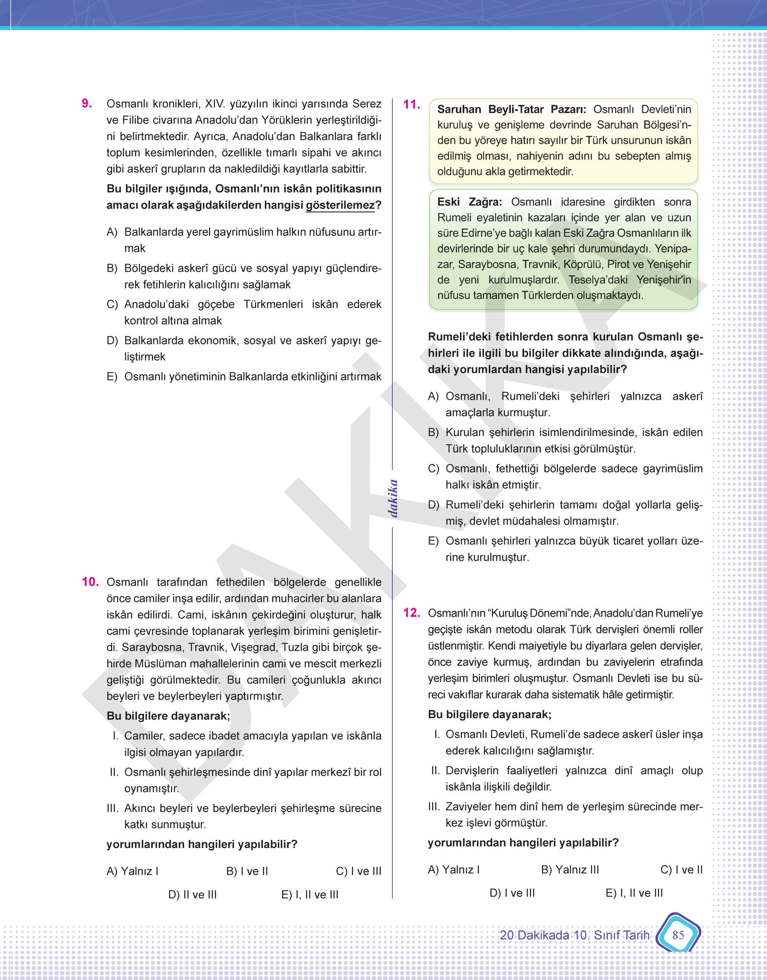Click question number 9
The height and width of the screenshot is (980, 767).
(x=86, y=104)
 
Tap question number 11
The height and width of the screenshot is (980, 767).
(x=411, y=104)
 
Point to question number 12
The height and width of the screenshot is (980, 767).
(x=411, y=612)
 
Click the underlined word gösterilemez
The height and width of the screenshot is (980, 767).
(x=340, y=205)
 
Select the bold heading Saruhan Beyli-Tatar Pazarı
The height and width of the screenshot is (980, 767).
(x=511, y=109)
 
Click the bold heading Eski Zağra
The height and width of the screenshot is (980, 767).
(x=469, y=202)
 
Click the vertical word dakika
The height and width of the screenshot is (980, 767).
(x=393, y=498)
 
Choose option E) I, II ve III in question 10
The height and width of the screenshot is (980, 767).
(x=310, y=894)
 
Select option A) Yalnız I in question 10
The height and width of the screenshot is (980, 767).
(x=132, y=871)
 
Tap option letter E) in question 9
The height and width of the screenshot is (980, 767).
(x=112, y=376)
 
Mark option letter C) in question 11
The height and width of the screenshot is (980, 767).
(x=433, y=469)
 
